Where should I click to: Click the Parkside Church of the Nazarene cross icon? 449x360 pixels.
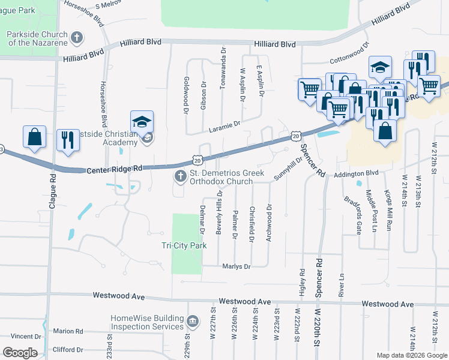[x=76, y=38]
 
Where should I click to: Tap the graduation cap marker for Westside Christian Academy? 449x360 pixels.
[x=142, y=122]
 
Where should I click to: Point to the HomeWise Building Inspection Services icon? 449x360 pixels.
[x=193, y=322]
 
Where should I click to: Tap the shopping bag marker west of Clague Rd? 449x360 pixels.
[x=35, y=136]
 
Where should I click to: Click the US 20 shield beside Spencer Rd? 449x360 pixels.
[x=296, y=137]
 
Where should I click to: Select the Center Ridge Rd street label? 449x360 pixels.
[x=113, y=169]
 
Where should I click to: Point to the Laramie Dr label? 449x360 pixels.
[x=224, y=124]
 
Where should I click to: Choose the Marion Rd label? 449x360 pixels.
[x=68, y=331]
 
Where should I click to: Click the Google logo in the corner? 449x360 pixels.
[x=20, y=353]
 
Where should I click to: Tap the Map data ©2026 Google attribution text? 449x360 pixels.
[x=411, y=355]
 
